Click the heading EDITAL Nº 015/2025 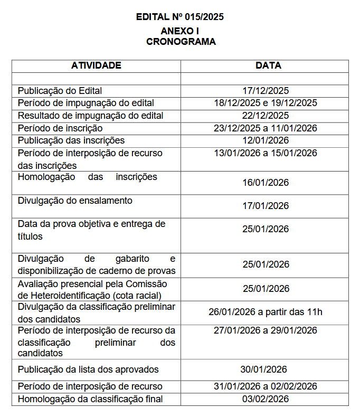pyautogui.click(x=180, y=17)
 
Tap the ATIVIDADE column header pyautogui.click(x=96, y=66)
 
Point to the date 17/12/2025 pyautogui.click(x=266, y=91)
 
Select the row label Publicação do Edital pyautogui.click(x=60, y=91)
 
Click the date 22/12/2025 pyautogui.click(x=266, y=116)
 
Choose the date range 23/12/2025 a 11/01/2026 pyautogui.click(x=266, y=128)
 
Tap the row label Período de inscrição pyautogui.click(x=60, y=128)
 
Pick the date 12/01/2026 pyautogui.click(x=266, y=140)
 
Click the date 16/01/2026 pyautogui.click(x=266, y=183)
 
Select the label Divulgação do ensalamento pyautogui.click(x=75, y=201)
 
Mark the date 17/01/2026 pyautogui.click(x=266, y=206)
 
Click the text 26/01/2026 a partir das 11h pyautogui.click(x=266, y=312)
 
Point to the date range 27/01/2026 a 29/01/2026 pyautogui.click(x=266, y=330)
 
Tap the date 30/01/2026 pyautogui.click(x=266, y=369)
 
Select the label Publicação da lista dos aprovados pyautogui.click(x=88, y=369)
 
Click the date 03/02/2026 pyautogui.click(x=266, y=399)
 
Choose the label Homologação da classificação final pyautogui.click(x=90, y=399)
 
